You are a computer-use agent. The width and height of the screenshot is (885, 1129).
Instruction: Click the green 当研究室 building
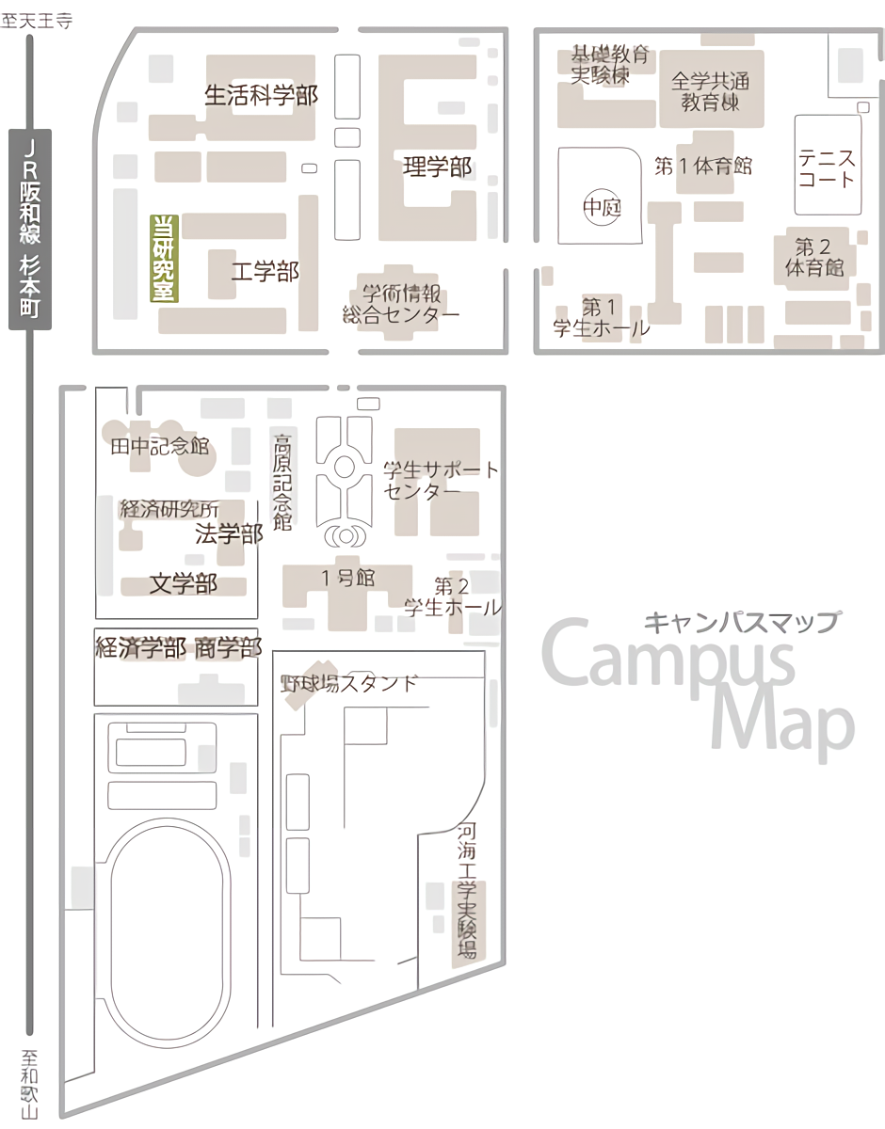click(x=165, y=258)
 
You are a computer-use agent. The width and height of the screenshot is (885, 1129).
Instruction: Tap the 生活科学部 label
click(x=262, y=95)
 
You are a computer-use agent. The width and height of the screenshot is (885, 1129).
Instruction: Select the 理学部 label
click(x=437, y=167)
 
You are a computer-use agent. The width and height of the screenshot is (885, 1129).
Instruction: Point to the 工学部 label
click(x=265, y=272)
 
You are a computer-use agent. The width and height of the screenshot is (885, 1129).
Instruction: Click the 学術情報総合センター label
click(x=402, y=303)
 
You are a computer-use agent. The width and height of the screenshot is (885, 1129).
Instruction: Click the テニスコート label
click(x=827, y=167)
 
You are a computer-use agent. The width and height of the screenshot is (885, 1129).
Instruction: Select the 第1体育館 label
click(x=703, y=167)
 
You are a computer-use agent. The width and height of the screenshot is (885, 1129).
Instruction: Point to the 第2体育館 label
click(x=814, y=258)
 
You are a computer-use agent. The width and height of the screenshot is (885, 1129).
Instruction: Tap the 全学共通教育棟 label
click(x=711, y=90)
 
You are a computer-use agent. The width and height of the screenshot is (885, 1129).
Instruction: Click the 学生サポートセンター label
click(x=442, y=480)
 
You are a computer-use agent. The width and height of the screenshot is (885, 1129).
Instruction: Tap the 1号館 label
click(x=348, y=578)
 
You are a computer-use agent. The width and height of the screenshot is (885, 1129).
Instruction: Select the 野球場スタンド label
click(x=348, y=683)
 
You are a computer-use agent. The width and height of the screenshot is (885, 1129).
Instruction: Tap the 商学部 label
click(x=228, y=647)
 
